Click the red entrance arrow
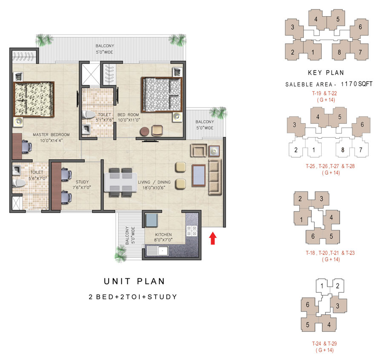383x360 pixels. click(213, 238)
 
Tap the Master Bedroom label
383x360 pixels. click(51, 134)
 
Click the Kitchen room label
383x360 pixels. click(163, 234)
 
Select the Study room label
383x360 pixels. click(82, 182)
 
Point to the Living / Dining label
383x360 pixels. click(154, 182)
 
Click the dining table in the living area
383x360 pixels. click(120, 182)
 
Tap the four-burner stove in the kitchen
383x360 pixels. click(191, 231)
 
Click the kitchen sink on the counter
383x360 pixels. click(157, 251)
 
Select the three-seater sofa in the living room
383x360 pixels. click(215, 177)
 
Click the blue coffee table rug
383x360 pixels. click(199, 176)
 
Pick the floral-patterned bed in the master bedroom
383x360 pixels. click(34, 100)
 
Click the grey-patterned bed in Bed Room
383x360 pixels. click(162, 94)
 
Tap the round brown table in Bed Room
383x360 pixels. click(145, 131)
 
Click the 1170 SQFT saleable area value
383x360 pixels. click(357, 84)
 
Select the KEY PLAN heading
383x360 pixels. click(326, 73)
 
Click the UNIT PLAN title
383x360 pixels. click(134, 281)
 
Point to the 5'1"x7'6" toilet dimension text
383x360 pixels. click(104, 120)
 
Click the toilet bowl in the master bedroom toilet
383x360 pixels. click(19, 183)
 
